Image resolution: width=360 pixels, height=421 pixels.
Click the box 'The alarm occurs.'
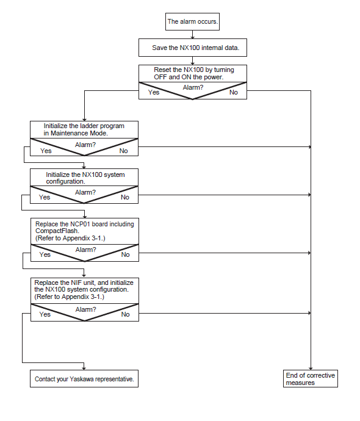tap(192, 21)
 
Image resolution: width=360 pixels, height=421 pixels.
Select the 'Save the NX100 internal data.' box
tap(192, 48)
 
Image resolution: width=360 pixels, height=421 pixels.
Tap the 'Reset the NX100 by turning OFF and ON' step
tap(192, 73)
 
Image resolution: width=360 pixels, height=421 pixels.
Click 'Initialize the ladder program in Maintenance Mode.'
tap(84, 129)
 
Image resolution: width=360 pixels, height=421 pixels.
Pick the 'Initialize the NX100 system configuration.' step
tap(84, 177)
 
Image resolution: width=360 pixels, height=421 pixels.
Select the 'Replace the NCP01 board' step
tap(85, 231)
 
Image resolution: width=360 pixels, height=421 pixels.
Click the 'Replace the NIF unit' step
tap(85, 290)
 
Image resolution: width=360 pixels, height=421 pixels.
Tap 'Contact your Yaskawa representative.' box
tap(84, 378)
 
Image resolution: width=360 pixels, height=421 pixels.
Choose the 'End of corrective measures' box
tap(311, 378)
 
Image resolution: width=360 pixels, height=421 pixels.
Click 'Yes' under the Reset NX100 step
tap(154, 92)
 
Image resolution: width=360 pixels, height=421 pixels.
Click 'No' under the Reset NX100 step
tap(234, 92)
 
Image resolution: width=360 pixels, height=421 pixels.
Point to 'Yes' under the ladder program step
tap(46, 151)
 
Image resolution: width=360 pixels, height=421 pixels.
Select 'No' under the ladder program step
tap(123, 151)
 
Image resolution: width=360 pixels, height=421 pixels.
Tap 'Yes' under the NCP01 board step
tap(45, 254)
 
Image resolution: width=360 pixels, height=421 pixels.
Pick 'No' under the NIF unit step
tap(125, 314)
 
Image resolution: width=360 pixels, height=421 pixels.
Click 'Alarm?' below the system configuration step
tap(85, 193)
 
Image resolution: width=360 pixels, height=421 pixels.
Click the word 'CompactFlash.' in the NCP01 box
tap(57, 231)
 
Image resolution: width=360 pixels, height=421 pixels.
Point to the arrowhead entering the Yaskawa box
tap(84, 368)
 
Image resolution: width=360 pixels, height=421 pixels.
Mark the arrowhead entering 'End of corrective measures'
tap(311, 369)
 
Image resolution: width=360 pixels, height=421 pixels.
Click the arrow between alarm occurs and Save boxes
tap(192, 35)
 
